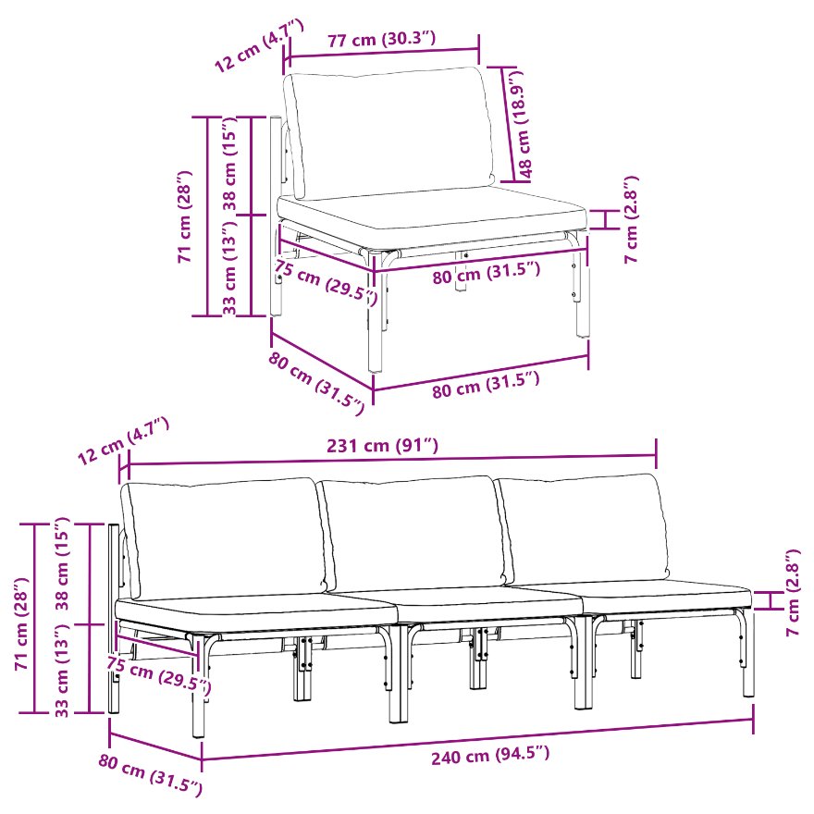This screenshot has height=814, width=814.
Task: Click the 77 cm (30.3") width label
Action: [x=381, y=40]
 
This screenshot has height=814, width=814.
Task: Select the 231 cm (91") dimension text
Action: [x=383, y=446]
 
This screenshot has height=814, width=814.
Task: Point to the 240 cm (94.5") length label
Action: [x=490, y=756]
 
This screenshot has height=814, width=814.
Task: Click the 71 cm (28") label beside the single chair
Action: [x=185, y=216]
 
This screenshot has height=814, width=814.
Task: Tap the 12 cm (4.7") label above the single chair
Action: [x=258, y=45]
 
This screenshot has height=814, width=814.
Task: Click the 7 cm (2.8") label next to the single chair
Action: [x=631, y=219]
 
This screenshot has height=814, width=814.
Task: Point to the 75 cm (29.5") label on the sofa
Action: [x=159, y=674]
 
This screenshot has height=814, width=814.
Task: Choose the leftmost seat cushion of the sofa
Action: [x=256, y=611]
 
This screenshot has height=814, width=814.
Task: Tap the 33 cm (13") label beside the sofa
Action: [x=62, y=671]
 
